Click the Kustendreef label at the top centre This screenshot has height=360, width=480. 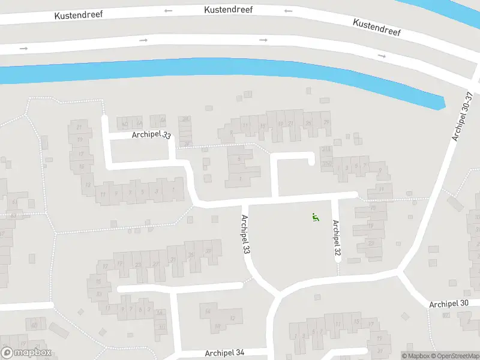click(228, 10)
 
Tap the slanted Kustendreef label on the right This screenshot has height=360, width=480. click(377, 28)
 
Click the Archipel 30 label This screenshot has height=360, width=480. click(449, 304)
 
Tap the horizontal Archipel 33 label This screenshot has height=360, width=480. click(151, 136)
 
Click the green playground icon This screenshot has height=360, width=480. click(316, 217)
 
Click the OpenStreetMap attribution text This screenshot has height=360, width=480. click(456, 356)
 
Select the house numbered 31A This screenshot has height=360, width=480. click(326, 149)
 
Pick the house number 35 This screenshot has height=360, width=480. click(191, 254)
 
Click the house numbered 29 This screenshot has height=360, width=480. click(327, 122)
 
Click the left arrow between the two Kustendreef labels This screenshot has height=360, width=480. click(289, 10)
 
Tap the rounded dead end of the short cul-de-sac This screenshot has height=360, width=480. click(311, 160)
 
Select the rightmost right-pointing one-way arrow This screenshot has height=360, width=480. click(382, 56)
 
